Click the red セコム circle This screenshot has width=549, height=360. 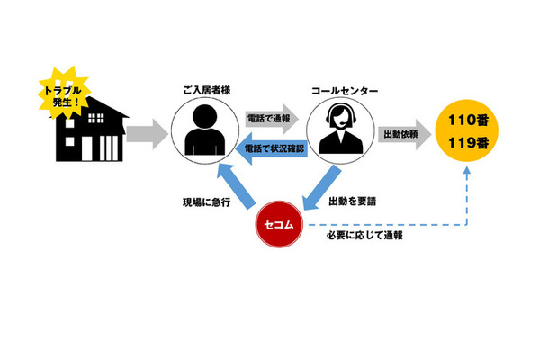coord(281,221)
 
